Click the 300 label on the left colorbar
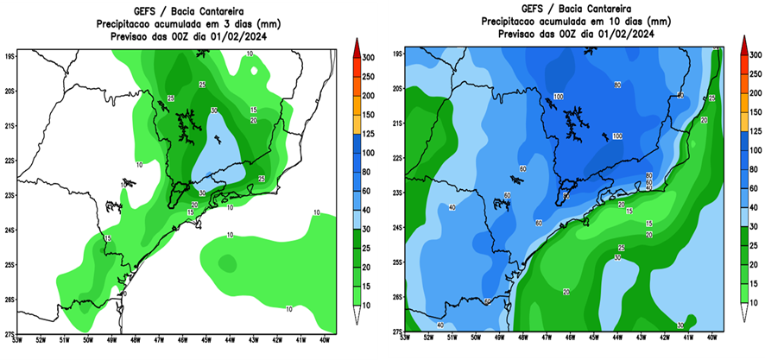pyautogui.click(x=368, y=56)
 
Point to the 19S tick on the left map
pyautogui.click(x=10, y=55)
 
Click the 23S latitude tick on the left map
pyautogui.click(x=10, y=195)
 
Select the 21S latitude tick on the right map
pyautogui.click(x=397, y=123)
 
